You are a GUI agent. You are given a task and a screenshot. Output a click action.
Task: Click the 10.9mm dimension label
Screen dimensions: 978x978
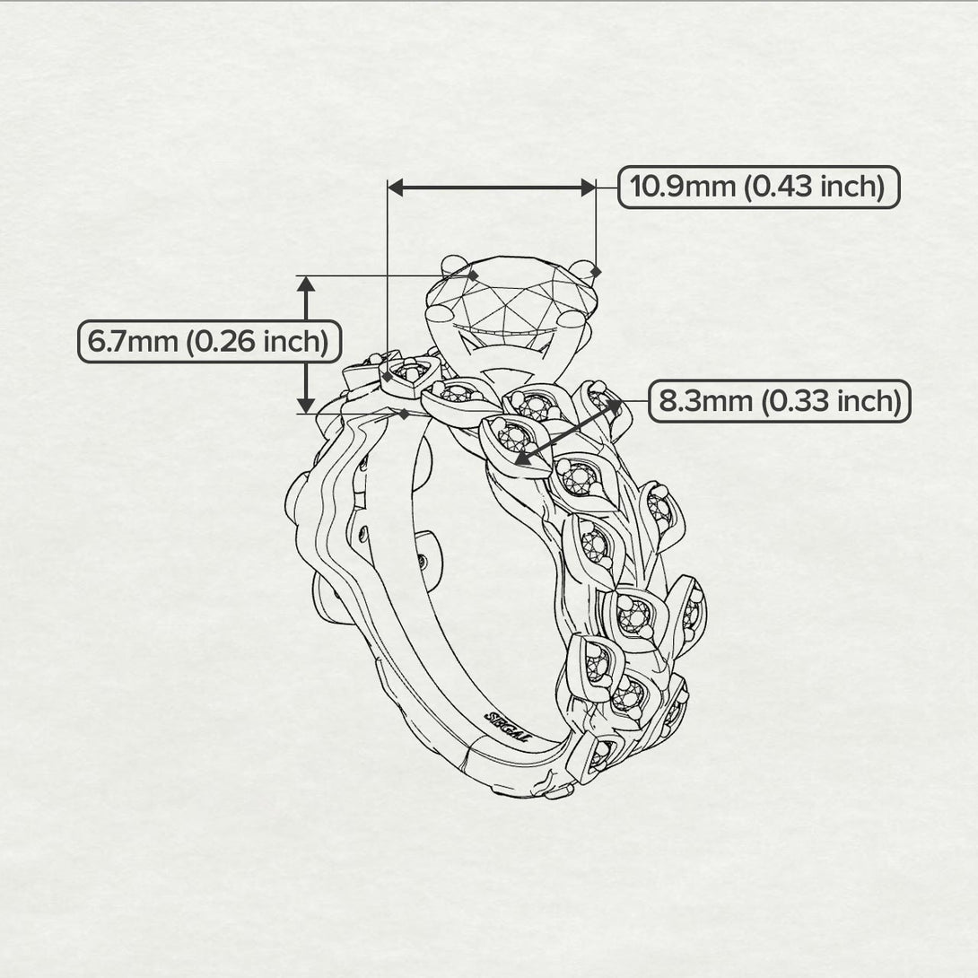pos(759,187)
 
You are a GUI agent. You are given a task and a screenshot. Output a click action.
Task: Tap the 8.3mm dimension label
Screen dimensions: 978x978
pos(779,400)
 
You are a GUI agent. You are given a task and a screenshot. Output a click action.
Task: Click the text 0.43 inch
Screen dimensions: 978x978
pos(816,187)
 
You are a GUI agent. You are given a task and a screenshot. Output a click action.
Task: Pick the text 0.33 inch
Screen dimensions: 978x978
pos(833,400)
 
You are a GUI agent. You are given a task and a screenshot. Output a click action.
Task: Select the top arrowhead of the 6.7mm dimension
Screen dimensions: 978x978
pos(307,284)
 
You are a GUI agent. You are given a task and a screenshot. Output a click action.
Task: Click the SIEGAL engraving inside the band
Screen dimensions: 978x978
pos(508,725)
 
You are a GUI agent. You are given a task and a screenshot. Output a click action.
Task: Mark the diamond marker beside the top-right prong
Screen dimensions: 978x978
pos(598,271)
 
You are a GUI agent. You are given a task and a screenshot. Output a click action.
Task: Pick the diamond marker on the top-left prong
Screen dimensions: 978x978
pos(474,273)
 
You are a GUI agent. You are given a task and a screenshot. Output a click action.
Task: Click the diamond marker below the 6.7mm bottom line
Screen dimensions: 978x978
pos(405,415)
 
